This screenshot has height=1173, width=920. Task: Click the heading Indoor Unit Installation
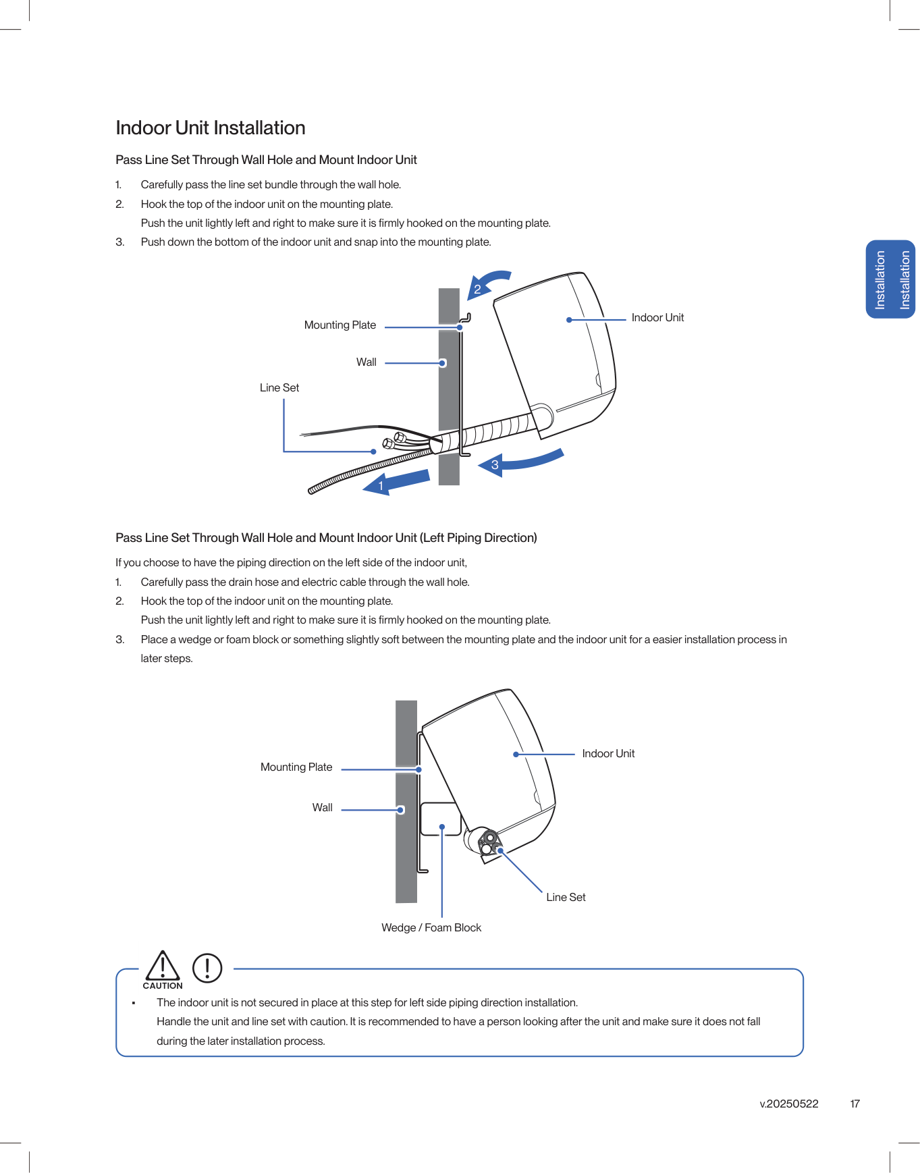pos(211,128)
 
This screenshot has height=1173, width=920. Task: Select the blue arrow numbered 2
pos(488,283)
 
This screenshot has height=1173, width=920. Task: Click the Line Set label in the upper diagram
pos(279,388)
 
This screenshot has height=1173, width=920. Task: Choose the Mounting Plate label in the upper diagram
pos(340,325)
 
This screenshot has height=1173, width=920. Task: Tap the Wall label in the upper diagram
pos(366,362)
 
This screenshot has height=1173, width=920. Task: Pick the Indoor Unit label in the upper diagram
pos(657,318)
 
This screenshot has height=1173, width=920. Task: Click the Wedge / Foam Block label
pos(431,928)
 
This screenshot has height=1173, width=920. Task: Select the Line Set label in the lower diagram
pos(566,898)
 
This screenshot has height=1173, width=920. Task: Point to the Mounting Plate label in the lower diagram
pos(296,767)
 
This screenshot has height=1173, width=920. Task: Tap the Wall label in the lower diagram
pos(322,808)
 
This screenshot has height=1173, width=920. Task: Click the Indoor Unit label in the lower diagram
pos(608,754)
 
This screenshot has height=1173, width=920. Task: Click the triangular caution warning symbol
pos(163,966)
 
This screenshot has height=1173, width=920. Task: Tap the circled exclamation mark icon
pos(207,968)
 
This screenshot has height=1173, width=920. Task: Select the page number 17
pos(855,1104)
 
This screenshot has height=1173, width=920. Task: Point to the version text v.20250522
pos(789,1104)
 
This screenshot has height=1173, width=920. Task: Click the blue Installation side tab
pos(890,279)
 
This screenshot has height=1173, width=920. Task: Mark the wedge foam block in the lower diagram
pos(439,818)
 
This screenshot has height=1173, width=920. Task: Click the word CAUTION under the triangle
pos(163,986)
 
